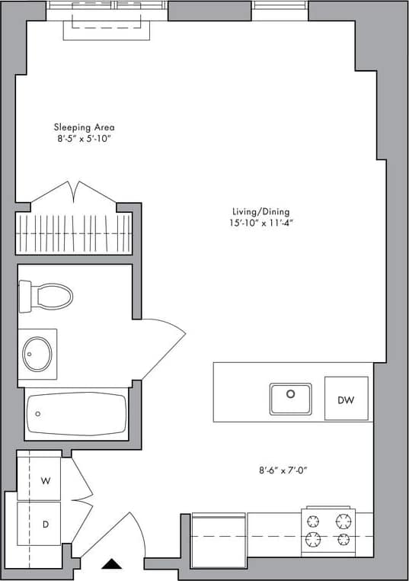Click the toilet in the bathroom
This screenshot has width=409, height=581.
[47, 296]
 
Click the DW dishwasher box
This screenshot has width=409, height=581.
[346, 399]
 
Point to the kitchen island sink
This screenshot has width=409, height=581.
[290, 397]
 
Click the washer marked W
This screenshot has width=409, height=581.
[45, 481]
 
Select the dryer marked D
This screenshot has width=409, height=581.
[45, 525]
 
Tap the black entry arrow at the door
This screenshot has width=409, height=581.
[113, 564]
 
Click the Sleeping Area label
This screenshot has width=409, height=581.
[84, 127]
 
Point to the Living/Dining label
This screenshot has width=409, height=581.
[261, 212]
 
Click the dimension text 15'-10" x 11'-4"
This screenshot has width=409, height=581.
[261, 223]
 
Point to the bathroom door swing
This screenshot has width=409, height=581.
[161, 347]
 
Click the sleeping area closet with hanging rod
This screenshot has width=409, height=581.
[74, 229]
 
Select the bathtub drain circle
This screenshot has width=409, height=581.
[38, 414]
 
